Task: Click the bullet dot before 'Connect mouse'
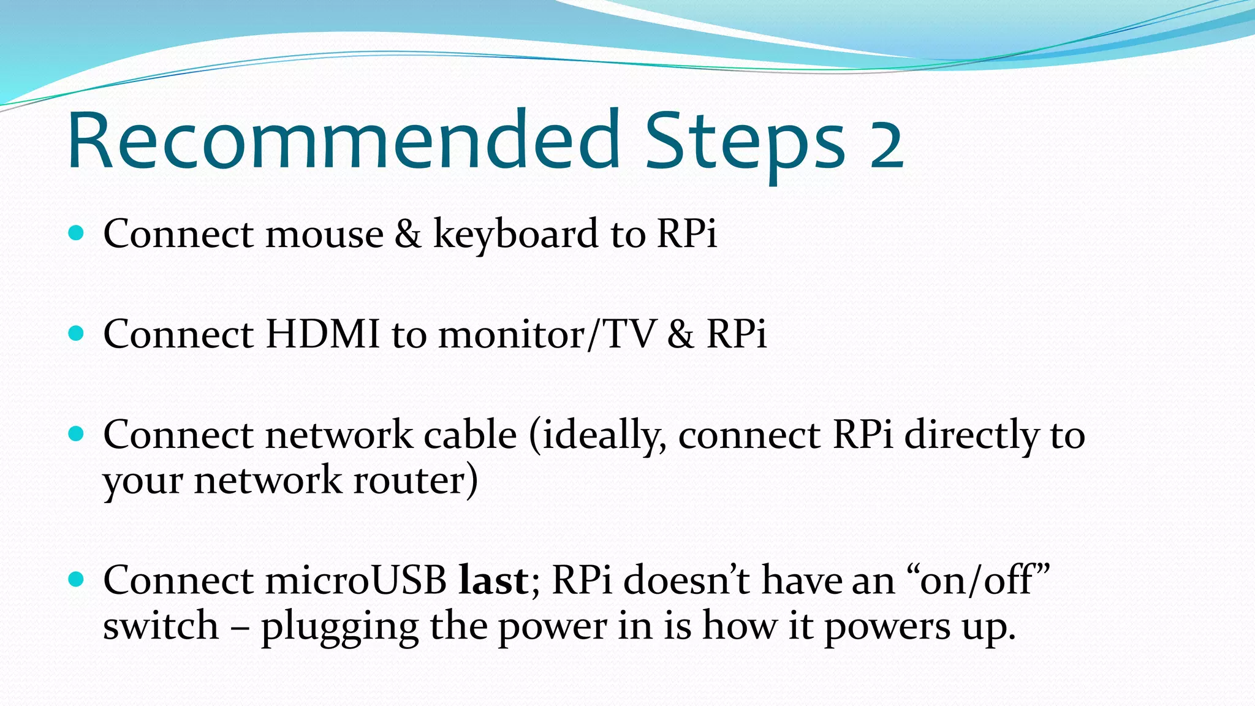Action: point(76,233)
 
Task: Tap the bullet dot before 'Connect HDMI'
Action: point(76,333)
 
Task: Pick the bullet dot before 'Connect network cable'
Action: point(76,434)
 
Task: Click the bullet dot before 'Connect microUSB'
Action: point(76,579)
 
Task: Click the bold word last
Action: point(493,581)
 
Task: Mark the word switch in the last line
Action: point(161,626)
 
